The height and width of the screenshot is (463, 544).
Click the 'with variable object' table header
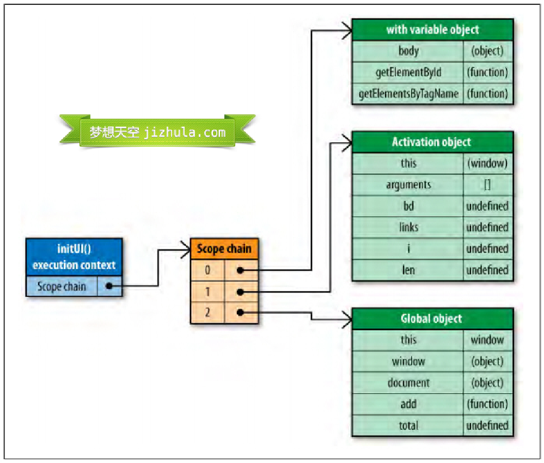pyautogui.click(x=432, y=29)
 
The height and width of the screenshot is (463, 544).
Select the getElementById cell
pyautogui.click(x=408, y=72)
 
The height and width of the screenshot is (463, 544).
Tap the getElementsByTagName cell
pyautogui.click(x=408, y=94)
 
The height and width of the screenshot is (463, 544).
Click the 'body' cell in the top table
pyautogui.click(x=408, y=51)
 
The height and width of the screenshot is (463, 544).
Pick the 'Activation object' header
pyautogui.click(x=432, y=142)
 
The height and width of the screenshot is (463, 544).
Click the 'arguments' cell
pyautogui.click(x=408, y=185)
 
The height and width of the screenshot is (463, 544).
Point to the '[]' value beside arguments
pyautogui.click(x=487, y=185)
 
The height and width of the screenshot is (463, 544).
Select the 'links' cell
pyautogui.click(x=408, y=227)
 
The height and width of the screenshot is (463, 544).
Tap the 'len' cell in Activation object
pyautogui.click(x=408, y=270)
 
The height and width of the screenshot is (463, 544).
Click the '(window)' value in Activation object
pyautogui.click(x=487, y=163)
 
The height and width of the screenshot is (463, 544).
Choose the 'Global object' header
pyautogui.click(x=432, y=319)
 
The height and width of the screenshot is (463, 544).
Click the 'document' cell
pyautogui.click(x=408, y=382)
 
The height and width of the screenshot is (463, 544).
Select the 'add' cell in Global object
pyautogui.click(x=408, y=404)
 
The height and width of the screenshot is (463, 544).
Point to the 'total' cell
pyautogui.click(x=408, y=425)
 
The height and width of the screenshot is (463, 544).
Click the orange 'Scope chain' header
pyautogui.click(x=224, y=249)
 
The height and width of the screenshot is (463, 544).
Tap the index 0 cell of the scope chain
pyautogui.click(x=207, y=270)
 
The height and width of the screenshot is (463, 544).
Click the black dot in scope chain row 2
pyautogui.click(x=240, y=313)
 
